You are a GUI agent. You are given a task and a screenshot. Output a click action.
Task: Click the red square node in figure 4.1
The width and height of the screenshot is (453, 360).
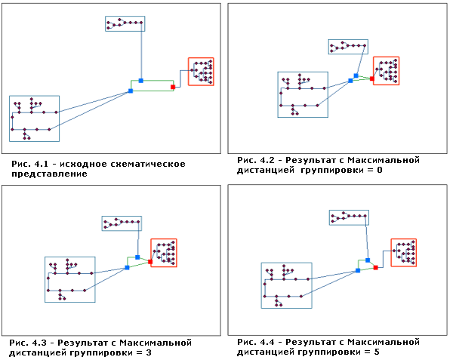pos(173,87)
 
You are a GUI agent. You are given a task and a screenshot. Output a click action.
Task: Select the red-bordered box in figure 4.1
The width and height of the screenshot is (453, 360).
pos(201,72)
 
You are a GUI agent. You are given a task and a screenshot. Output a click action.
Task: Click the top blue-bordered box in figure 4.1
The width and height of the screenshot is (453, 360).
pos(125,23)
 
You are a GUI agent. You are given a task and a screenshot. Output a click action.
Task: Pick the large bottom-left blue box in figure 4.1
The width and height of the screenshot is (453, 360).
pos(34,118)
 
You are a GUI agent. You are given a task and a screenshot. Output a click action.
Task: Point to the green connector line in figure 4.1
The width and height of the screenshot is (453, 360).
pos(156,81)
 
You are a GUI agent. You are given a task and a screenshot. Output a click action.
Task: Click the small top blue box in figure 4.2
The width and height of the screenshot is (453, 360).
pos(347,48)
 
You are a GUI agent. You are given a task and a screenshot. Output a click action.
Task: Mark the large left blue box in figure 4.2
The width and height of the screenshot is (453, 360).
pos(302,94)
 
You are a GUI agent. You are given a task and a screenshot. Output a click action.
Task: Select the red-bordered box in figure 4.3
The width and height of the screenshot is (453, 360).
pos(164,253)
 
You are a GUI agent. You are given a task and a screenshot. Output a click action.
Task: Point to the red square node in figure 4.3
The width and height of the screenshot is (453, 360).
pos(150,262)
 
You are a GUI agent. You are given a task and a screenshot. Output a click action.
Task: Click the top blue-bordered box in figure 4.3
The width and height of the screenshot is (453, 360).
pos(122,223)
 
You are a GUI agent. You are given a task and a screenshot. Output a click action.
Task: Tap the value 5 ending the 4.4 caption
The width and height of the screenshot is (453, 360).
pos(368,352)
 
